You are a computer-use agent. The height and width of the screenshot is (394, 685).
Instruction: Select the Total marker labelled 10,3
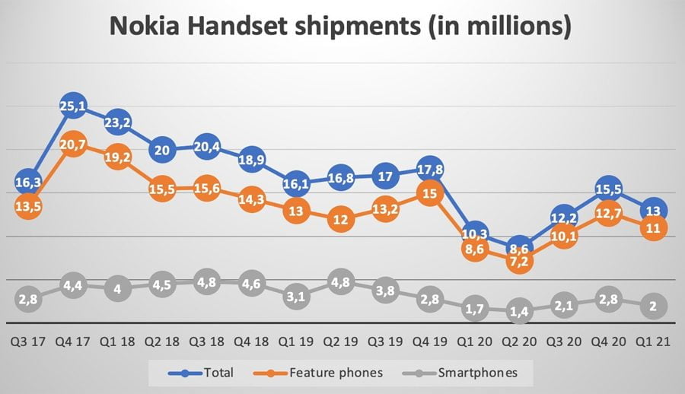coord(476,232)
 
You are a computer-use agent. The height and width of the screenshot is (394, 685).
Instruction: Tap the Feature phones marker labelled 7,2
coord(520,261)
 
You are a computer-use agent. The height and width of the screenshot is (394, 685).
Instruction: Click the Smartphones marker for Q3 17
coord(27,299)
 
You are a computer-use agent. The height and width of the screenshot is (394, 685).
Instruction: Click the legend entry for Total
coord(200,373)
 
